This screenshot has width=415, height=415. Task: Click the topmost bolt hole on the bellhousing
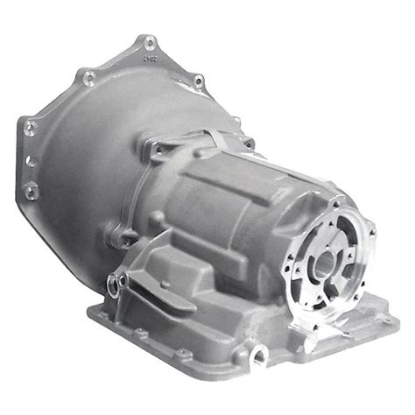tap(150, 42)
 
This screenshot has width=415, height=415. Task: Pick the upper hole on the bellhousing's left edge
tap(32, 124)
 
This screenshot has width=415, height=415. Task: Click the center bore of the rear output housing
tap(326, 260)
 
